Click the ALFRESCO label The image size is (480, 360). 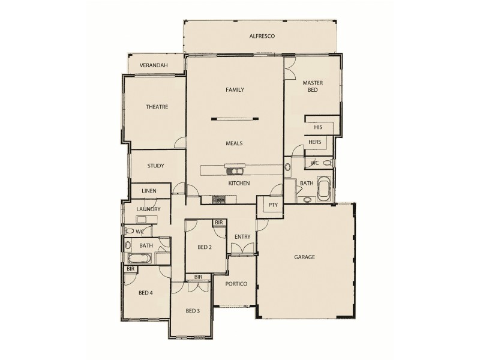tap(262, 37)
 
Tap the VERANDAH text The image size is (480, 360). tap(153, 65)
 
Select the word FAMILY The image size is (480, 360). tap(235, 89)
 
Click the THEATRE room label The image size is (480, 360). tap(156, 107)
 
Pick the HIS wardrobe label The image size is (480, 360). tap(319, 128)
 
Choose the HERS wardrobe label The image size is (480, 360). tap(315, 142)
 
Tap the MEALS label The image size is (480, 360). tap(234, 143)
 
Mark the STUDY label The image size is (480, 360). tap(155, 166)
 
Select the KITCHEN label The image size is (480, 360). tap(238, 183)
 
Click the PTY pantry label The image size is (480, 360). tap(273, 205)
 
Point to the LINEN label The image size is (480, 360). tap(149, 191)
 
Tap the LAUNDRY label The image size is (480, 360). tap(148, 209)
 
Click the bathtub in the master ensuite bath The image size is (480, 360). tap(325, 188)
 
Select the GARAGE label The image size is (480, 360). tap(304, 257)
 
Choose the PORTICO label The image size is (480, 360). tap(236, 284)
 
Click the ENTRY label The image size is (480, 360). tap(242, 237)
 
